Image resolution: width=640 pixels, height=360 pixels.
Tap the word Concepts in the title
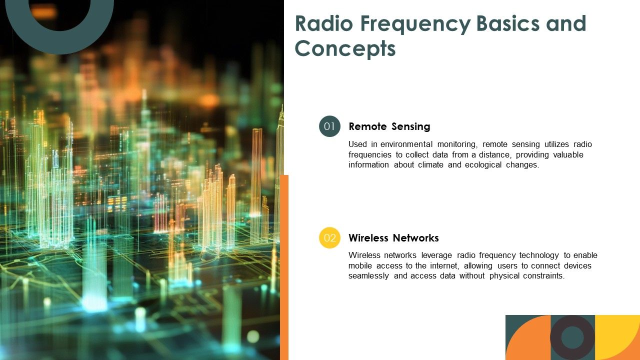click(345, 49)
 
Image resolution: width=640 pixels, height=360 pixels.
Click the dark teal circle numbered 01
click(329, 126)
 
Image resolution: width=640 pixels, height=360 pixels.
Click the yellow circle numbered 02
click(329, 237)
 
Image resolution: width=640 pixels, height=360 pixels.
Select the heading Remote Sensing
click(389, 126)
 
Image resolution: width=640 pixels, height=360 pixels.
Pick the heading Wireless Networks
click(393, 238)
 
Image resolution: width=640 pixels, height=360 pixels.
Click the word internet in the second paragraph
click(443, 266)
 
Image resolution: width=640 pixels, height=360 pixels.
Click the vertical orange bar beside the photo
click(284, 267)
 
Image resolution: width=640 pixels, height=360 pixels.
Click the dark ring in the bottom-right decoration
click(572, 337)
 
